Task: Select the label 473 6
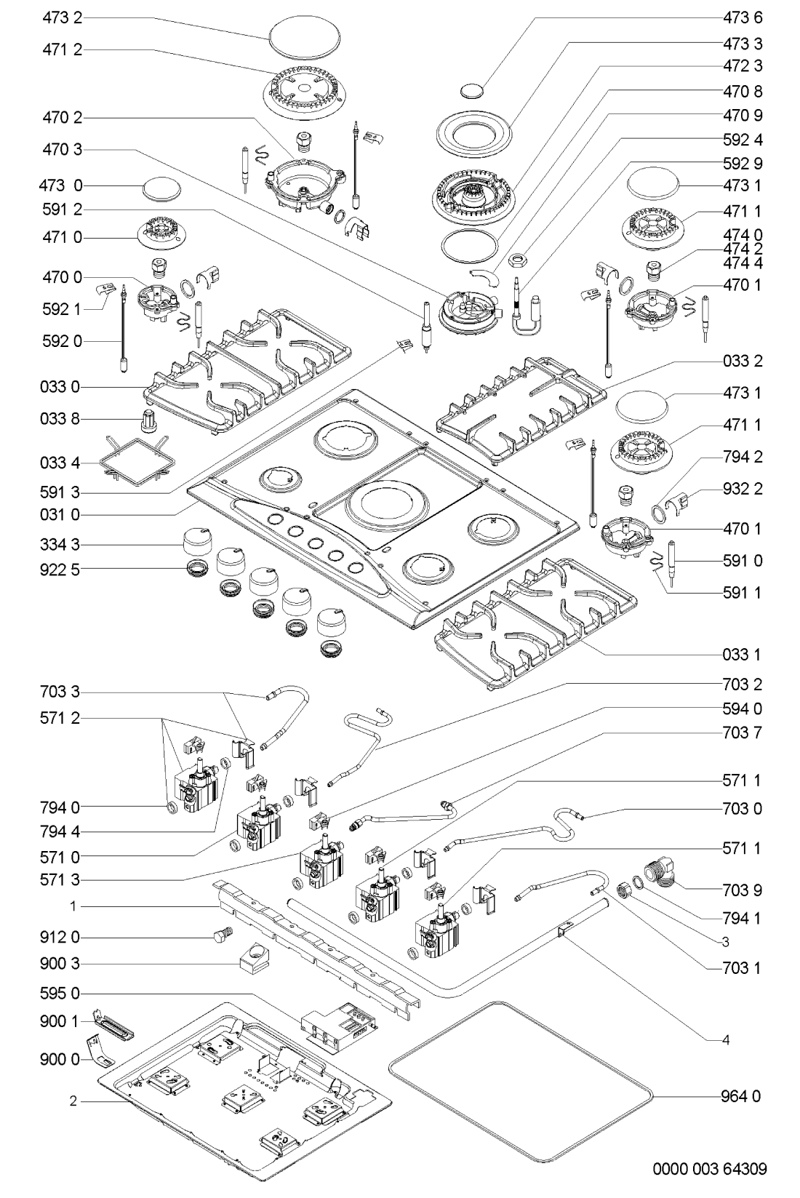pos(743,18)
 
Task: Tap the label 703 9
pos(743,890)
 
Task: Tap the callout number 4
pos(725,1040)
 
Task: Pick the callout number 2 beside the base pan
pos(73,1101)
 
